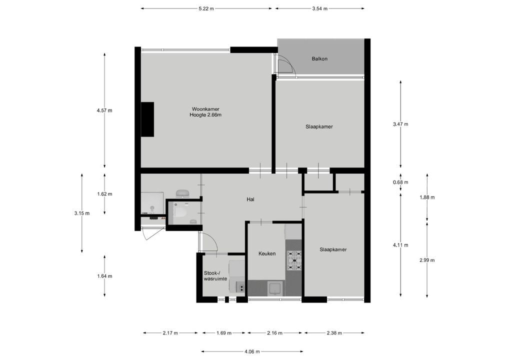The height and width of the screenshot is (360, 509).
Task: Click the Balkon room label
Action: click(x=319, y=59)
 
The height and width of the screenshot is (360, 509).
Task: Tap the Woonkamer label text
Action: click(x=205, y=109)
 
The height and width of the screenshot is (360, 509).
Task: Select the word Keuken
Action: click(x=267, y=253)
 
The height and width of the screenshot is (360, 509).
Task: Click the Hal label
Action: click(x=250, y=199)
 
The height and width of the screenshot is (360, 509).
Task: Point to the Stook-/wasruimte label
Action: click(x=215, y=276)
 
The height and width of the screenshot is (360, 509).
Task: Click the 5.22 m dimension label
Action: click(x=206, y=9)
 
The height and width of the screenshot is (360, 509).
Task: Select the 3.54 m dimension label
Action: click(x=319, y=9)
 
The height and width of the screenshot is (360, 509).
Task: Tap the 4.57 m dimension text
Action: click(x=104, y=110)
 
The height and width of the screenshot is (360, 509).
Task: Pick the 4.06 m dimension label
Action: click(x=252, y=351)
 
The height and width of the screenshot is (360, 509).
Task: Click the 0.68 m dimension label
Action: click(x=400, y=182)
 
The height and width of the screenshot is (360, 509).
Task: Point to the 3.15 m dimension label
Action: click(x=82, y=213)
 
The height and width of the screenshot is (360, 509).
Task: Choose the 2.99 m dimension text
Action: click(x=427, y=260)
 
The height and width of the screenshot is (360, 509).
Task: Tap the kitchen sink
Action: click(x=275, y=288)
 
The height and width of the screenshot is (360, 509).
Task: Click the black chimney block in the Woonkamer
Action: click(x=147, y=119)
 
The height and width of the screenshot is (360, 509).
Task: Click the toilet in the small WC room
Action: click(x=179, y=212)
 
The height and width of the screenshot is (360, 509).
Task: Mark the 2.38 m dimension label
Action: click(x=334, y=332)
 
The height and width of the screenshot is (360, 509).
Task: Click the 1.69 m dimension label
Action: click(x=224, y=332)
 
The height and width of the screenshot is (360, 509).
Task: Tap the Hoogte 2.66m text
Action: click(x=205, y=115)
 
